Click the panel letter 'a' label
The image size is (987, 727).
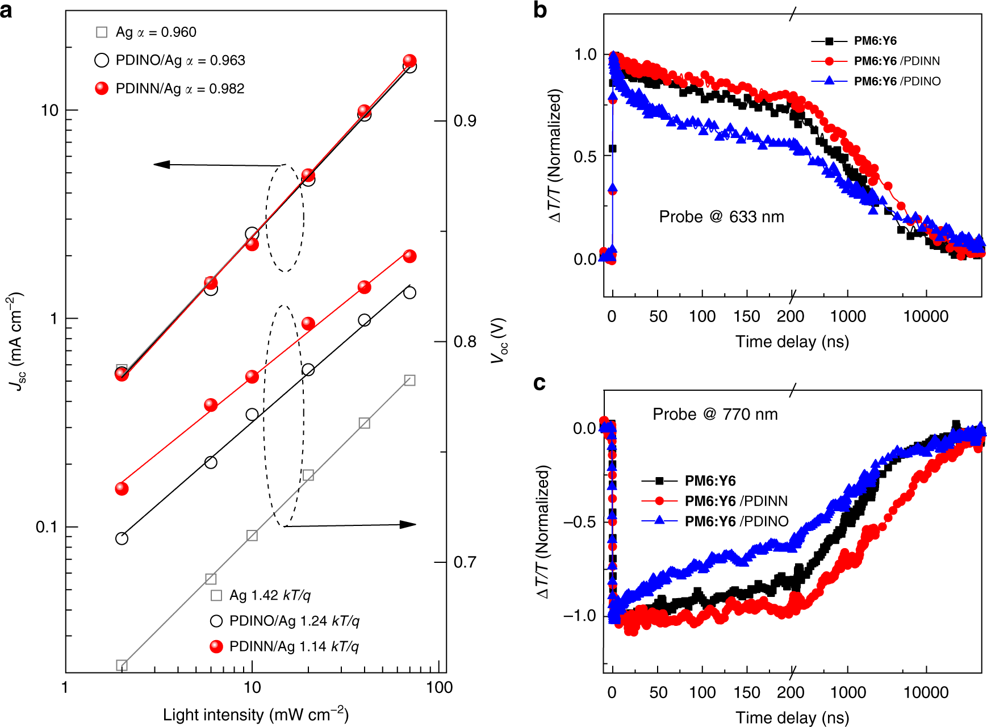(6, 10)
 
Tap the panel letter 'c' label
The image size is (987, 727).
(539, 383)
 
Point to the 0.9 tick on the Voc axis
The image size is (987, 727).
(465, 121)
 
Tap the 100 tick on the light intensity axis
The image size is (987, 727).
(438, 688)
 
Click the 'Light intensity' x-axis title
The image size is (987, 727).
(256, 715)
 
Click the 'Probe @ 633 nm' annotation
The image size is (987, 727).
(721, 217)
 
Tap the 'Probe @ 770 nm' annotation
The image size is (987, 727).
(715, 415)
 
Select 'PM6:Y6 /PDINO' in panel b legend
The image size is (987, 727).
(897, 81)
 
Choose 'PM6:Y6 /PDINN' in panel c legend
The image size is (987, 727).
(735, 501)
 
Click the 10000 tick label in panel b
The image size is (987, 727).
(926, 316)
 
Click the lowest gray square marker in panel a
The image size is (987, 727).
(122, 665)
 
